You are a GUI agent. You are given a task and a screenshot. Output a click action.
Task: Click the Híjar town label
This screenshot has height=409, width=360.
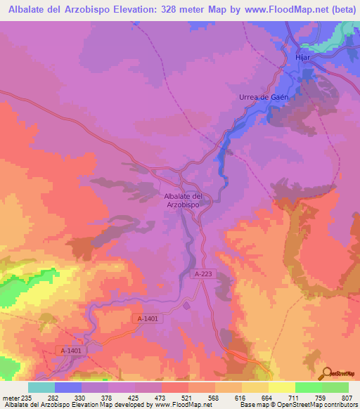pyautogui.click(x=302, y=59)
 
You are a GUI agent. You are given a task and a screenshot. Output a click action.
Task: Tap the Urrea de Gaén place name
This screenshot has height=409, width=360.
pyautogui.click(x=261, y=98)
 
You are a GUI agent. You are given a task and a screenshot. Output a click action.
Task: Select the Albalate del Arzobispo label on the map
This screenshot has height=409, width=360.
pyautogui.click(x=183, y=200)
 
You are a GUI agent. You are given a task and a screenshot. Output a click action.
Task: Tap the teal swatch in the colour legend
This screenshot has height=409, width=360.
pyautogui.click(x=41, y=388)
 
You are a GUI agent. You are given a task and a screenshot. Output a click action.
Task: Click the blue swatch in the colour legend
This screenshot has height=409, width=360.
pyautogui.click(x=68, y=388)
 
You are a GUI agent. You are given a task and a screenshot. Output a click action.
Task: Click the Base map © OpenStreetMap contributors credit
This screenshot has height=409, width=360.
pyautogui.click(x=298, y=404)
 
